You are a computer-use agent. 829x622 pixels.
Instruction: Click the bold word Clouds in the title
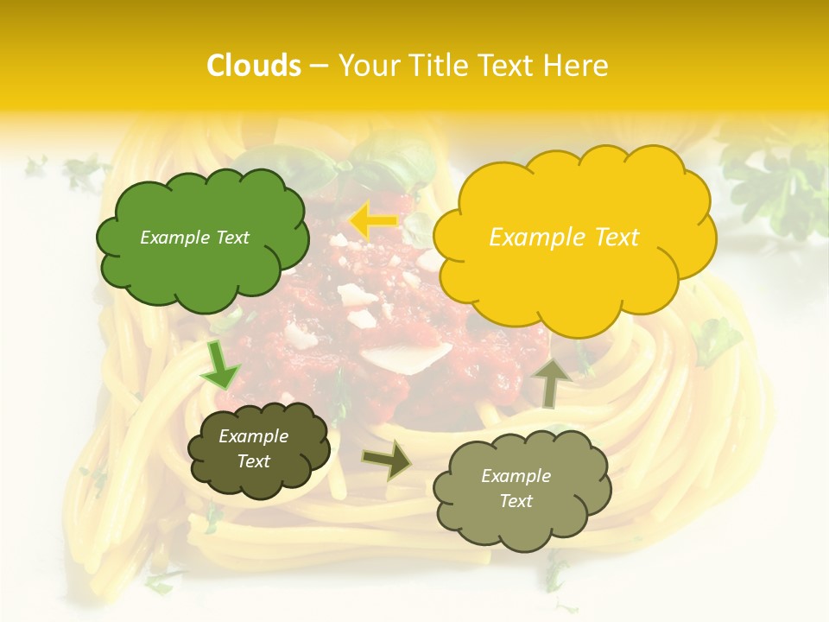(x=254, y=66)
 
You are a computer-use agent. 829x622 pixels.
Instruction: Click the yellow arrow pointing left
(x=372, y=220)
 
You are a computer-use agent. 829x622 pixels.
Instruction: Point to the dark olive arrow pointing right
(x=388, y=460)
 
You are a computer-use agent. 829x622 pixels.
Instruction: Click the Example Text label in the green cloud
(x=194, y=238)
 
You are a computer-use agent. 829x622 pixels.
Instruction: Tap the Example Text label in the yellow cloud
(x=564, y=238)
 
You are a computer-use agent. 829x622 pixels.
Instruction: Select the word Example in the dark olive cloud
(x=253, y=436)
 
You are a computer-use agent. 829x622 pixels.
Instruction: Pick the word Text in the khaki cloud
(x=516, y=501)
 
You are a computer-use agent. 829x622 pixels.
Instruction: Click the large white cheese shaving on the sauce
(x=406, y=354)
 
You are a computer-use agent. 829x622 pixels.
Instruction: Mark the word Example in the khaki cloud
(x=516, y=476)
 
